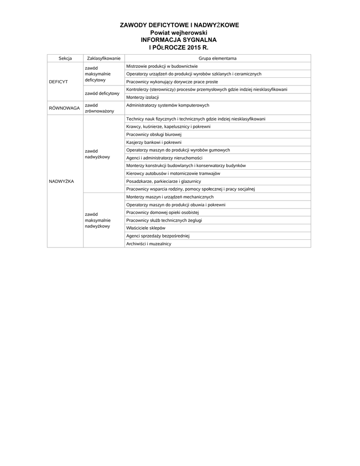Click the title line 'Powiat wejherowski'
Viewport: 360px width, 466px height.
[x=179, y=33]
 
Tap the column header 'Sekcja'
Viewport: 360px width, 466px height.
[x=65, y=58]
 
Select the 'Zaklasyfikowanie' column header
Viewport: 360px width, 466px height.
[x=103, y=58]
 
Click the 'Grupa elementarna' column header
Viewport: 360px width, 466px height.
[x=217, y=58]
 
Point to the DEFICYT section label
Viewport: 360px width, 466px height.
[x=58, y=81]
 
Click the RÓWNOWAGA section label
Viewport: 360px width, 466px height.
[x=64, y=108]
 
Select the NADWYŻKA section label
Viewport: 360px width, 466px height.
[x=61, y=181]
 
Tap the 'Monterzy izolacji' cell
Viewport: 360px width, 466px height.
[x=142, y=97]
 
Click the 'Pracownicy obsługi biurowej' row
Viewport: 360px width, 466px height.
[x=154, y=135]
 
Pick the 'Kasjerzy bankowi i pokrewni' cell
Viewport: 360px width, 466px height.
[x=153, y=142]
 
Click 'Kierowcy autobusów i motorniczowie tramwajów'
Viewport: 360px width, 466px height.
[x=173, y=173]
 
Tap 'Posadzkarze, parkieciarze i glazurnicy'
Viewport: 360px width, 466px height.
[x=163, y=181]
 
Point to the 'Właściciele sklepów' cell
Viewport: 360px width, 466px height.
[x=146, y=228]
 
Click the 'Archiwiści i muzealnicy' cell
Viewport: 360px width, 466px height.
[x=148, y=244]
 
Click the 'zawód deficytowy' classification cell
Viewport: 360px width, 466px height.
[x=102, y=93]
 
